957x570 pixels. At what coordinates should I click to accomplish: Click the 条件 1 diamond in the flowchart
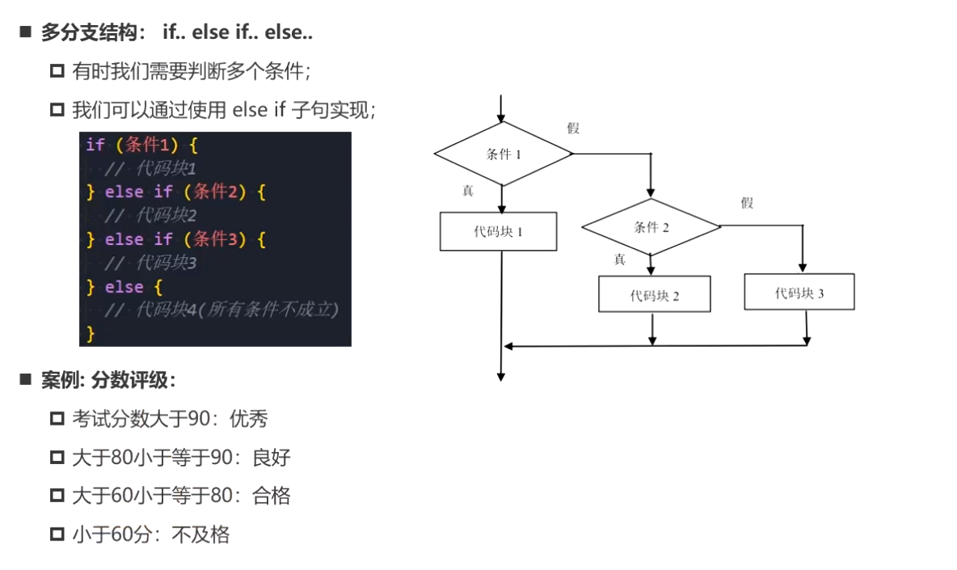[503, 154]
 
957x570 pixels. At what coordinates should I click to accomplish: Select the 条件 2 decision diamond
[651, 227]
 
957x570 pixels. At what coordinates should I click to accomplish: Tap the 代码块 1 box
[499, 231]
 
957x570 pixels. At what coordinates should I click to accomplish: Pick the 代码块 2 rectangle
[654, 294]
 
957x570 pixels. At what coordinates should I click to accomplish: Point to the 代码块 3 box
[799, 292]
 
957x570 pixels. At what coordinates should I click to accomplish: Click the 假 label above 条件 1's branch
[573, 128]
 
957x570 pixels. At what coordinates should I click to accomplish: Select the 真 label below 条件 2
[619, 260]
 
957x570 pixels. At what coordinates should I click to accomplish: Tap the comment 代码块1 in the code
[166, 168]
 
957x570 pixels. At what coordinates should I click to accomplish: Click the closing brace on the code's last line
[91, 332]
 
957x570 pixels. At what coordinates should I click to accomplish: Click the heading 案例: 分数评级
[108, 381]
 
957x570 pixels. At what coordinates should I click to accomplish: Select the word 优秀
[248, 419]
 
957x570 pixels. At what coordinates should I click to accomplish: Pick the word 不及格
[200, 534]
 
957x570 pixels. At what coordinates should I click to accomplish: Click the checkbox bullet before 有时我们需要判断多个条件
[57, 71]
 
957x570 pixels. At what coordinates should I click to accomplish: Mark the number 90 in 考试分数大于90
[198, 419]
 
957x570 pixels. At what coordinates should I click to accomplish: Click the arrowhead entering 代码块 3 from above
[803, 268]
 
